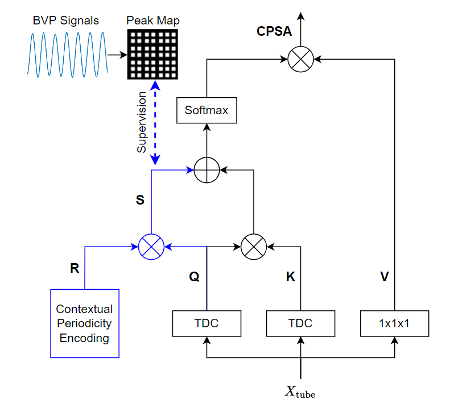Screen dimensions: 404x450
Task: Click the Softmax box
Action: coord(206,110)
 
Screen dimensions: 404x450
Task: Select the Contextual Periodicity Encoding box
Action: coord(84,323)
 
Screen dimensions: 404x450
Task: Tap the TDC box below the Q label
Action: coord(206,323)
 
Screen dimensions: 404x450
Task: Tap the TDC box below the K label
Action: coord(300,323)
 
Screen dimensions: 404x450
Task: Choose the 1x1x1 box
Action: coord(394,323)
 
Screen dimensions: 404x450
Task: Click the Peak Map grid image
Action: coord(152,53)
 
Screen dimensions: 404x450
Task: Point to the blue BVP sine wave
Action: coord(67,53)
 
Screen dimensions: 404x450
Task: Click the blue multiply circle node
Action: coord(151,247)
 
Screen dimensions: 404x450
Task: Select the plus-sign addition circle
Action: coord(206,169)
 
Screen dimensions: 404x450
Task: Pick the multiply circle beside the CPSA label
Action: coord(300,58)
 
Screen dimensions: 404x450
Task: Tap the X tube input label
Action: coord(300,391)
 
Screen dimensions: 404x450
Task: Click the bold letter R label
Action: coord(75,269)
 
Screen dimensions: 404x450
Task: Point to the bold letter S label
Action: coord(140,200)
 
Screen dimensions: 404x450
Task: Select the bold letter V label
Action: coord(385,277)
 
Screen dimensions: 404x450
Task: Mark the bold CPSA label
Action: coord(274,32)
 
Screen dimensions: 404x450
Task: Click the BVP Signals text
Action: coord(65,21)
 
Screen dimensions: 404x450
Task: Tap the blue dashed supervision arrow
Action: coord(155,123)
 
